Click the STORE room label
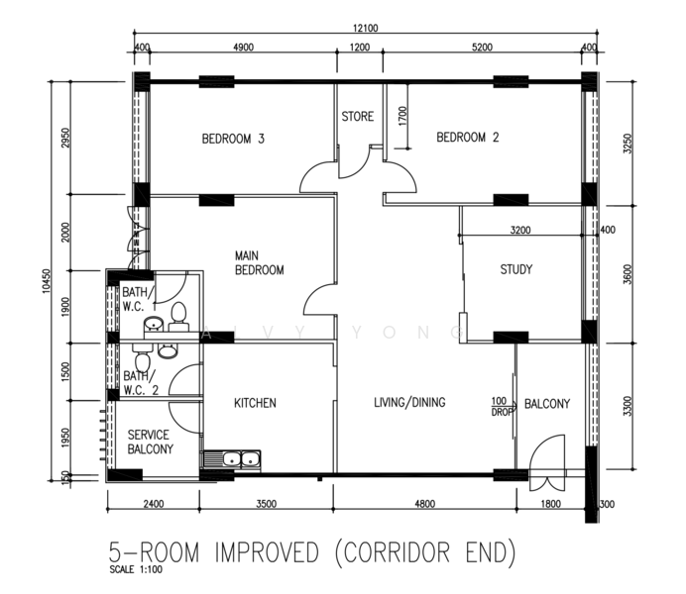point(358,117)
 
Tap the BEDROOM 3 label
point(233,139)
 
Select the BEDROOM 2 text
point(468,138)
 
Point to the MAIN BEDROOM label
point(260,262)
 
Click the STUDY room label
point(516,269)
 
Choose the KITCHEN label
point(255,403)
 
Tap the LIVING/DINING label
point(409,402)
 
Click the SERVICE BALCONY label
point(150,442)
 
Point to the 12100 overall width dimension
point(366,28)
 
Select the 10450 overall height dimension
point(47,281)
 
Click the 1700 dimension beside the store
point(402,116)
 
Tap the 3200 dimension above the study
point(520,230)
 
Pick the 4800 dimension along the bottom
point(424,504)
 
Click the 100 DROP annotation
point(501,406)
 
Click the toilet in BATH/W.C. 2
point(142,360)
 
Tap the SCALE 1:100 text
point(136,569)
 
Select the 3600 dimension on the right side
point(628,274)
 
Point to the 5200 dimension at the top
point(482,48)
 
